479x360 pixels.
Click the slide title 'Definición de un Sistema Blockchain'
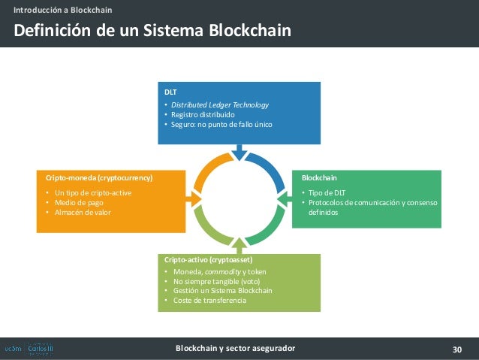pyautogui.click(x=150, y=31)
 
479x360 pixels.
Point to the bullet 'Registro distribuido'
pyautogui.click(x=203, y=114)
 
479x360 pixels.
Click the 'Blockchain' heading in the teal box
pyautogui.click(x=319, y=178)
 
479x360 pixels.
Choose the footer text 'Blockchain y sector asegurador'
pyautogui.click(x=235, y=349)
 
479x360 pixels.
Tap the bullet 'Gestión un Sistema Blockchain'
pyautogui.click(x=222, y=291)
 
